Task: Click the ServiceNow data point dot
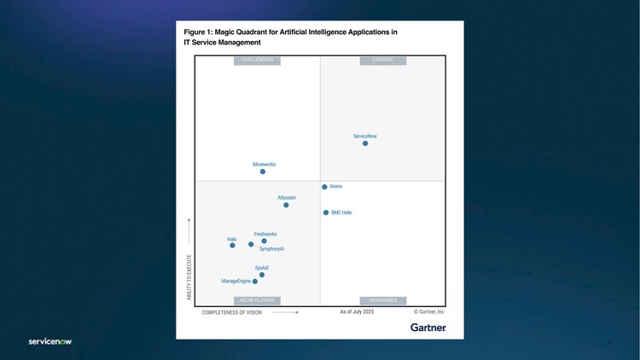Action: (x=365, y=143)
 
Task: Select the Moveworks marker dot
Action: (x=263, y=171)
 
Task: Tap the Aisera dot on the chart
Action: (x=324, y=187)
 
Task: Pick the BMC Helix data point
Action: (x=326, y=212)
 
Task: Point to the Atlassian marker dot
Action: (x=286, y=205)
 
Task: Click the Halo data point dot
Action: (x=232, y=246)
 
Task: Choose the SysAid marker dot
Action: (x=262, y=275)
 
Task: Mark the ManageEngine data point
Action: (x=255, y=282)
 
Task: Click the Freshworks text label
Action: (x=265, y=234)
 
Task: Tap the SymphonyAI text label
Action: (x=271, y=249)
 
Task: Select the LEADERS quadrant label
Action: (x=383, y=61)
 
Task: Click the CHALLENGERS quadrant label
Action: (x=257, y=61)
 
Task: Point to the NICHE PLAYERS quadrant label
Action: (x=257, y=300)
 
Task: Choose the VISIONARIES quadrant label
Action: (x=383, y=300)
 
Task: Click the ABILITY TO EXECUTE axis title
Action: (x=189, y=274)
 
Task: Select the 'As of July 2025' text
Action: (x=357, y=312)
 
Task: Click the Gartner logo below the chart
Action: (x=428, y=328)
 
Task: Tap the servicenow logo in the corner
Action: (x=49, y=342)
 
